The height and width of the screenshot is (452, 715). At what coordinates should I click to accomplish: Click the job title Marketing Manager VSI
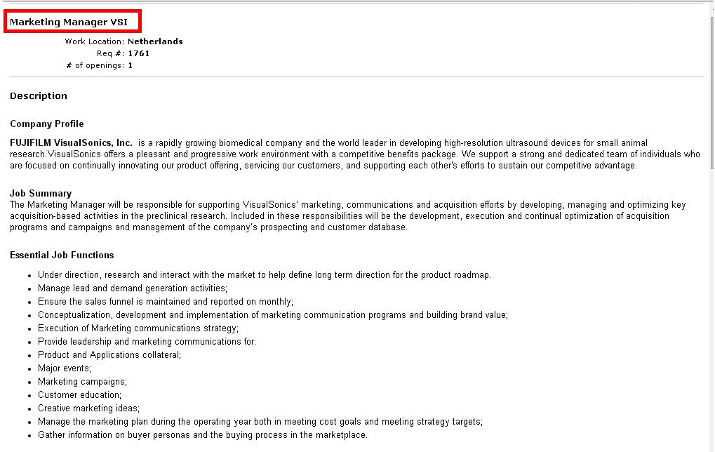point(69,22)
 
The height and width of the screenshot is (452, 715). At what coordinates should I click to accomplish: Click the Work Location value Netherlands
point(155,41)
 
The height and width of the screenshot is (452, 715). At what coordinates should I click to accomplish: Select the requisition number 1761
point(139,53)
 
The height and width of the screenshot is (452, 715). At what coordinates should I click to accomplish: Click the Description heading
point(39,95)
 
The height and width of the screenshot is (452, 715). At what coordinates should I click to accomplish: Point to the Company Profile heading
point(46,124)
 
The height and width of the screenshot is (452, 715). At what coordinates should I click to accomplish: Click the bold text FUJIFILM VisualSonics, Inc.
point(71,142)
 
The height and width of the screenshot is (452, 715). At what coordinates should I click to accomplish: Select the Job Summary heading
point(41,193)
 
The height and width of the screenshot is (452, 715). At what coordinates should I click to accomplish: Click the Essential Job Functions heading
point(62,255)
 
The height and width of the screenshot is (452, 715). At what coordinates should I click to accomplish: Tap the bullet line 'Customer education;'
point(79,395)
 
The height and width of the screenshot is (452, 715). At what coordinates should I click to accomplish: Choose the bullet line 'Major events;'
point(65,368)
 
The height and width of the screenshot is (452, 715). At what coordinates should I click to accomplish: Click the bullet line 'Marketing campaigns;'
point(82,382)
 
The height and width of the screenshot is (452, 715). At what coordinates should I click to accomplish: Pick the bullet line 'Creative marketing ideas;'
point(88,408)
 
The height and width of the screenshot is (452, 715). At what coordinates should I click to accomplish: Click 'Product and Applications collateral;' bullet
point(109,355)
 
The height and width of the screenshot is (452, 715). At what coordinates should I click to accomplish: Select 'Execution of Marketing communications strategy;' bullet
point(138,328)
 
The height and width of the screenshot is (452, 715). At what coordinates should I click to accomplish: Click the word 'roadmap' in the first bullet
point(472,275)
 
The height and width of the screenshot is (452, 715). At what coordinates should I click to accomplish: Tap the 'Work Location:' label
point(95,41)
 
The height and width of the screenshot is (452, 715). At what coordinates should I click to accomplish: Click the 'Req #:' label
point(111,53)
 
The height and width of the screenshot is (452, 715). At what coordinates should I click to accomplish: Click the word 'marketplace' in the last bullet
point(342,435)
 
